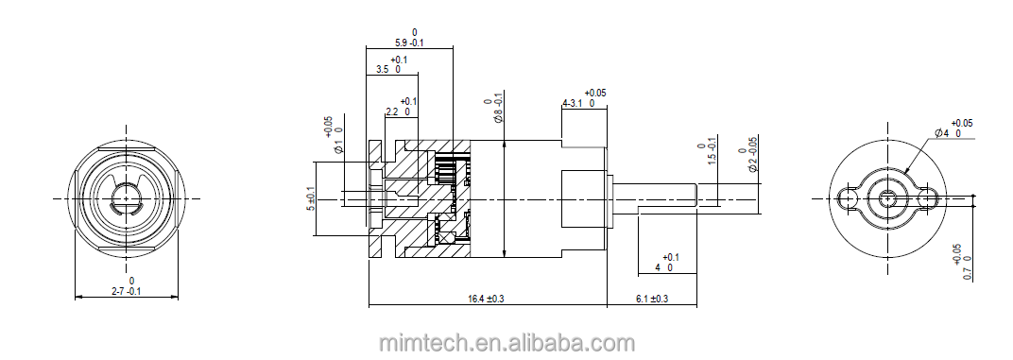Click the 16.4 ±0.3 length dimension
pos(487,299)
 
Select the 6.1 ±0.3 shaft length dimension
pos(652,299)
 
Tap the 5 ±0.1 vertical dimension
pos(312,198)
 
